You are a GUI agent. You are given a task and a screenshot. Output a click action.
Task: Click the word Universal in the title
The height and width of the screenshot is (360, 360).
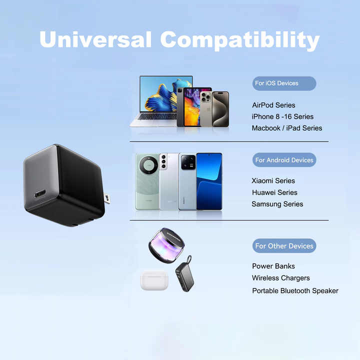95,39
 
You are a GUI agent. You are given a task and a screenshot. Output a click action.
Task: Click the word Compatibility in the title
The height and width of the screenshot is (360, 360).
240,40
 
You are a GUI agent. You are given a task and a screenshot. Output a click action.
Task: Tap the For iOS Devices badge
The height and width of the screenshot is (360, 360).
284,83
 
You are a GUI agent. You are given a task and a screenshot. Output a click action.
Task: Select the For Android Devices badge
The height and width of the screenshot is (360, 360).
284,160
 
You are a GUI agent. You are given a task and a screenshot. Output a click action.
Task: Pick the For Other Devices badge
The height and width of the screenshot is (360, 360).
284,246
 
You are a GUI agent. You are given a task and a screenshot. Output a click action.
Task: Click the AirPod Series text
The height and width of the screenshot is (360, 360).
273,105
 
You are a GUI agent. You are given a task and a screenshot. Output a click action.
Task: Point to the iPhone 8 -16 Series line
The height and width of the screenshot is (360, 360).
282,116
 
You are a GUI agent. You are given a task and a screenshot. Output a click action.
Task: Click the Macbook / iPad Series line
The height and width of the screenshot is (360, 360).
287,128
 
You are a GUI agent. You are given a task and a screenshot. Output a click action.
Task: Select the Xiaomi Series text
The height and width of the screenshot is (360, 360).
273,180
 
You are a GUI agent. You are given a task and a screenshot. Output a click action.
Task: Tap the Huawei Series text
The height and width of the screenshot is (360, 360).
274,192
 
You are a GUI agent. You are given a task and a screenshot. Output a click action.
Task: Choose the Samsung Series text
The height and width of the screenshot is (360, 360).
277,204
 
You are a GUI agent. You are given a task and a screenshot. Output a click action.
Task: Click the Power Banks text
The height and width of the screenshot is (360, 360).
273,266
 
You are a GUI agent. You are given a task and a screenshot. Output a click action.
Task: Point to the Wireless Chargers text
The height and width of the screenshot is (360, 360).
281,278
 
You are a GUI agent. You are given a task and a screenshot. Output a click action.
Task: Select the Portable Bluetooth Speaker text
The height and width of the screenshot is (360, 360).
295,290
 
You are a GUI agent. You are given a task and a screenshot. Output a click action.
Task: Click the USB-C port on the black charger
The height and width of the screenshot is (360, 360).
40,194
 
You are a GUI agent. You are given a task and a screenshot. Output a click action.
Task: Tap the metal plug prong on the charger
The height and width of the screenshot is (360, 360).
107,198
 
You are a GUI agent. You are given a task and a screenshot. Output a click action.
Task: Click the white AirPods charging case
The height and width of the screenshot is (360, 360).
154,280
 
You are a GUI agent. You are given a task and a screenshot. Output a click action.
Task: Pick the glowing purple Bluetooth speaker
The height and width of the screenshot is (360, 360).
166,245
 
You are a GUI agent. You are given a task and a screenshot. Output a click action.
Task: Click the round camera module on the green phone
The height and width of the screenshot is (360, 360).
149,165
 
